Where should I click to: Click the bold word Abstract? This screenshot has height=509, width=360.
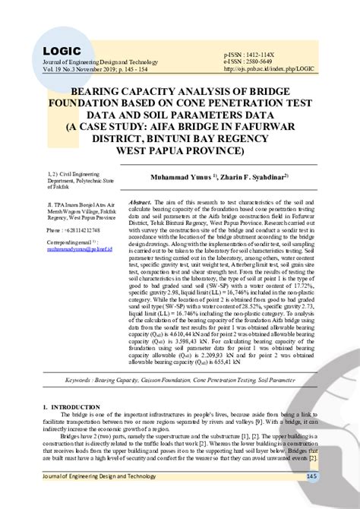point(141,203)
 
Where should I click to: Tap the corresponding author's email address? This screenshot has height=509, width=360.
point(78,248)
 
